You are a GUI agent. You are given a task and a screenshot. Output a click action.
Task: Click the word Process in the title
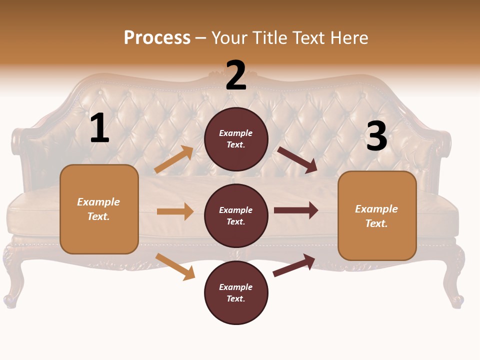click(x=157, y=37)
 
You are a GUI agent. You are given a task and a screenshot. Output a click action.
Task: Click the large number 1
click(x=99, y=128)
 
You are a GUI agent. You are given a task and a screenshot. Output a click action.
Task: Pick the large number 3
click(x=376, y=136)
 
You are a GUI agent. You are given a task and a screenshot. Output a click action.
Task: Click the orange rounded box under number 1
click(x=99, y=209)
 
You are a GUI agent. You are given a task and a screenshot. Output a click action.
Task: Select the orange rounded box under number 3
click(x=377, y=215)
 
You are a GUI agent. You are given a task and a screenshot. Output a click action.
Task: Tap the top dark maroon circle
click(x=236, y=139)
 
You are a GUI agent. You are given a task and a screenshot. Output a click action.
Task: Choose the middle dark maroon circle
click(x=236, y=215)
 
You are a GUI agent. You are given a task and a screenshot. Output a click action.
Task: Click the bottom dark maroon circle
click(x=236, y=292)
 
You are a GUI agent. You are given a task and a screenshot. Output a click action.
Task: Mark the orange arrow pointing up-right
click(x=174, y=159)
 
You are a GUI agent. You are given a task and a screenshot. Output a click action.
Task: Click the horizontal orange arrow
click(x=175, y=211)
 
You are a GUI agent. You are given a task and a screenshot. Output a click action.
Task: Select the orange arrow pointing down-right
click(x=175, y=266)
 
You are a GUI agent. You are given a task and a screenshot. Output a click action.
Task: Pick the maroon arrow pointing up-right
click(x=294, y=265)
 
